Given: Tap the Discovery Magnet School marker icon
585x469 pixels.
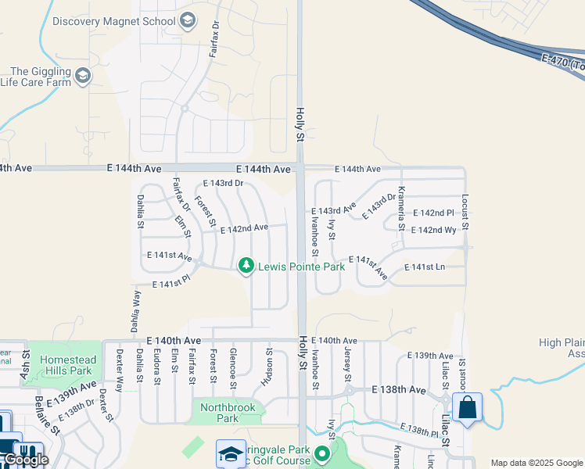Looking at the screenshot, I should [187, 20].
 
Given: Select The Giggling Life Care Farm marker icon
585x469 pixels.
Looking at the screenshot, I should [84, 77].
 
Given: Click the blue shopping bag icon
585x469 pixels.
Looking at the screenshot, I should [467, 408].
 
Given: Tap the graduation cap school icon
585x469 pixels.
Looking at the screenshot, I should [231, 454].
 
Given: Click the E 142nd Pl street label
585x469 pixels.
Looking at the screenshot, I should [433, 213].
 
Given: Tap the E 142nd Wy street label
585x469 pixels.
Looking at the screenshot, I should [433, 230].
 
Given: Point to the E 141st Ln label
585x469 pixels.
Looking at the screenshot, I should [424, 267].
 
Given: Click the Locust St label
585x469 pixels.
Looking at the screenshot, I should [465, 211].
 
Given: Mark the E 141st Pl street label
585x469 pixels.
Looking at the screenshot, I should [171, 282].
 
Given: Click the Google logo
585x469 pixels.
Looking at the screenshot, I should [26, 460].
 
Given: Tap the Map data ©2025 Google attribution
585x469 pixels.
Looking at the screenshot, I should [536, 463].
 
